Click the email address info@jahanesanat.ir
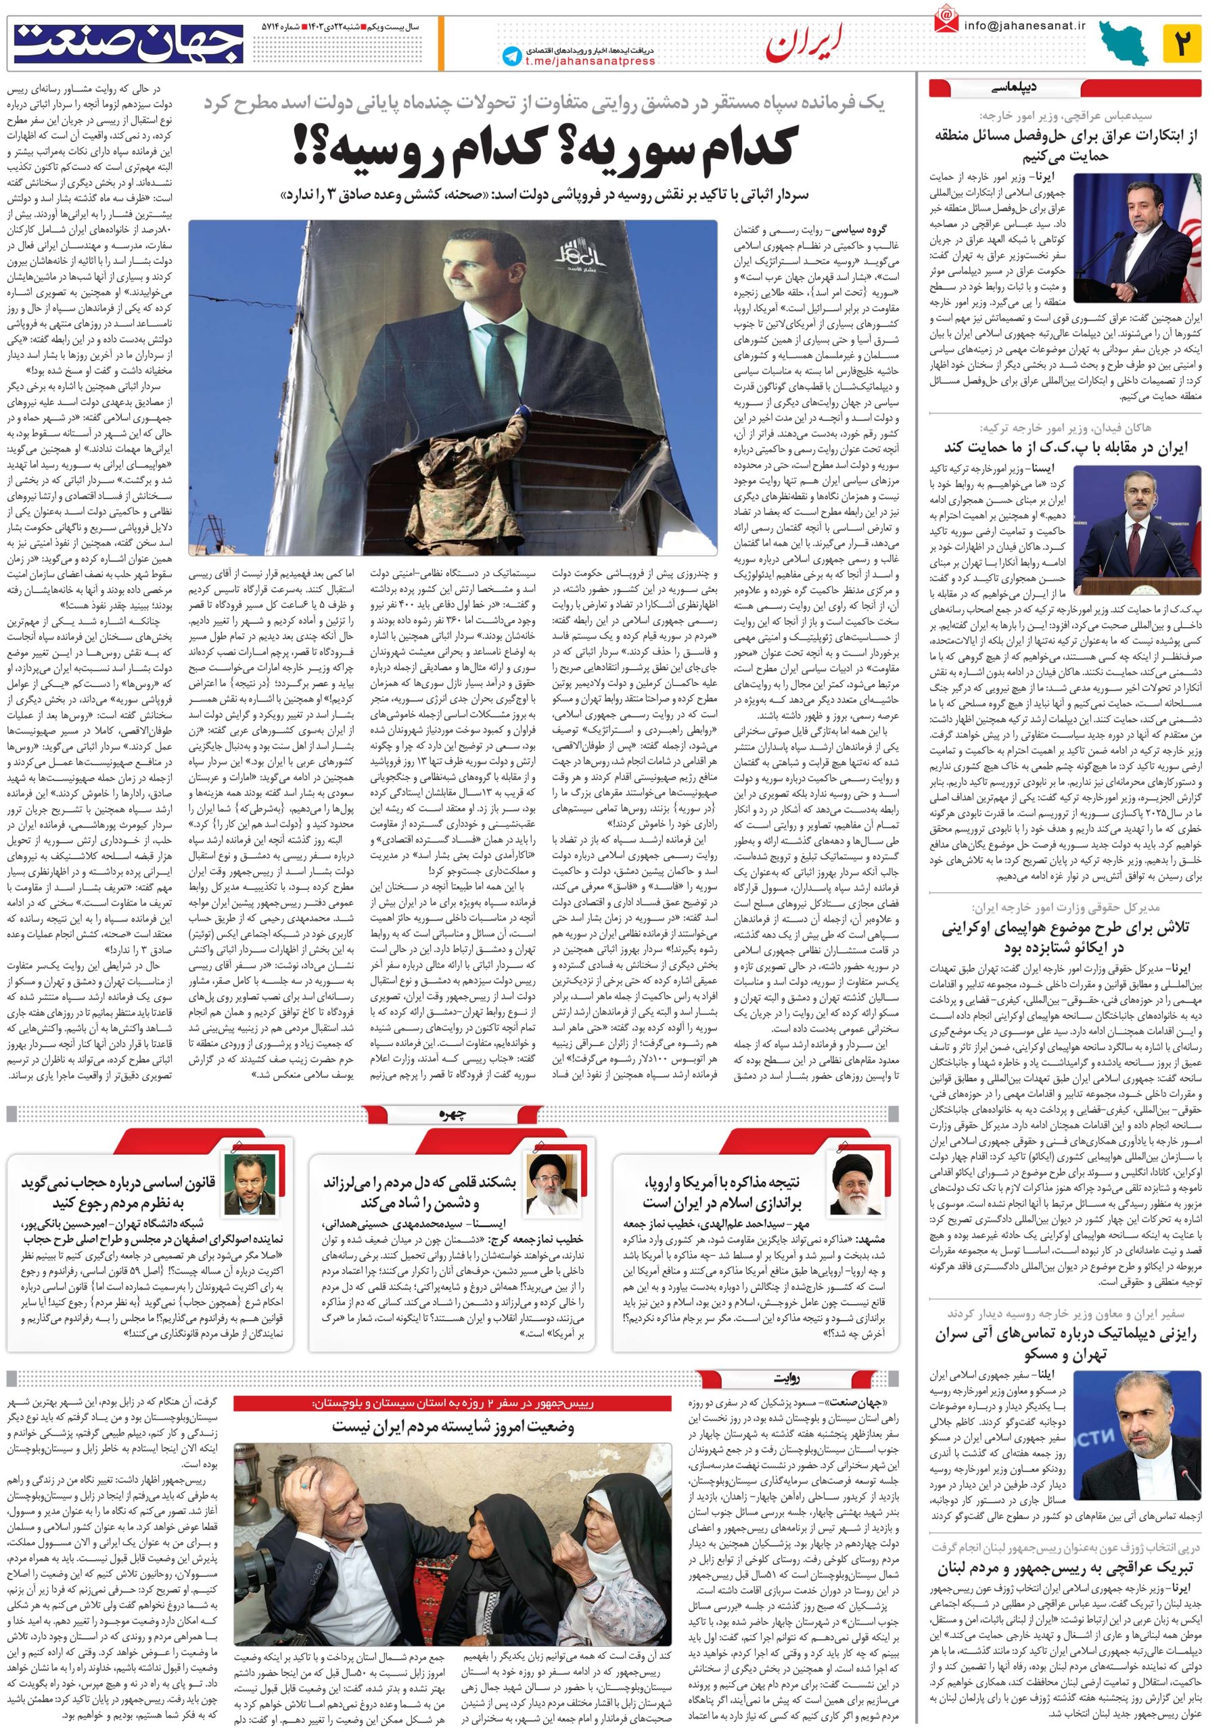(x=1023, y=26)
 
